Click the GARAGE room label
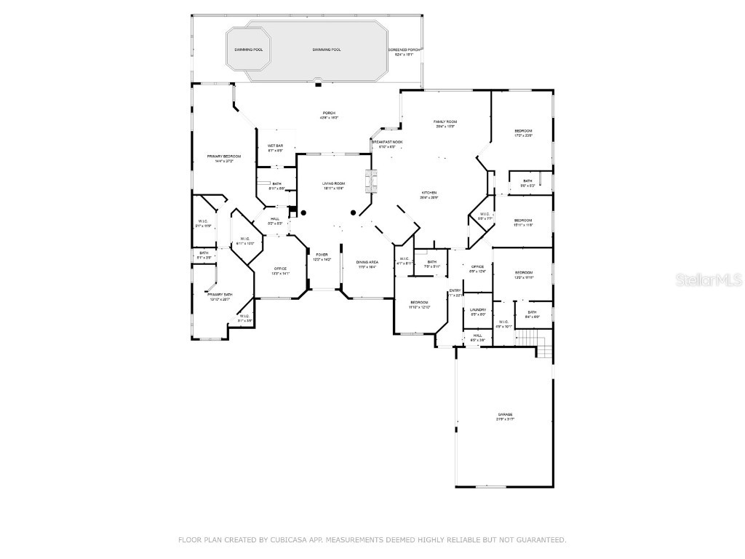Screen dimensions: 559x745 (x=505, y=414)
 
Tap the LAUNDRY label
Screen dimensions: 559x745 (x=477, y=309)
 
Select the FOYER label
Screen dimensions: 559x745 (x=322, y=255)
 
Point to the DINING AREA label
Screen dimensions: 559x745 (x=367, y=262)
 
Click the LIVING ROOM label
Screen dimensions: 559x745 (x=333, y=183)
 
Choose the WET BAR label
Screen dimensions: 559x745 (x=275, y=146)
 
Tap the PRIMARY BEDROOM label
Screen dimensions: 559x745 (x=223, y=156)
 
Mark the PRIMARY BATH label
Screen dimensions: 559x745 (x=219, y=295)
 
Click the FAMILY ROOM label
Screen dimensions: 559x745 (x=445, y=122)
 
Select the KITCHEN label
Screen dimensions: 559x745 (x=428, y=193)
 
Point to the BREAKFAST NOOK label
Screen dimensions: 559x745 (x=387, y=142)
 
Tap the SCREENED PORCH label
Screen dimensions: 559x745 (x=404, y=49)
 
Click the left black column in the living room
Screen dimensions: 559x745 (x=304, y=213)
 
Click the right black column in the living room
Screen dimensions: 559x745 (x=354, y=213)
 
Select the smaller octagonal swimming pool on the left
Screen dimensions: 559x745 (x=248, y=49)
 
